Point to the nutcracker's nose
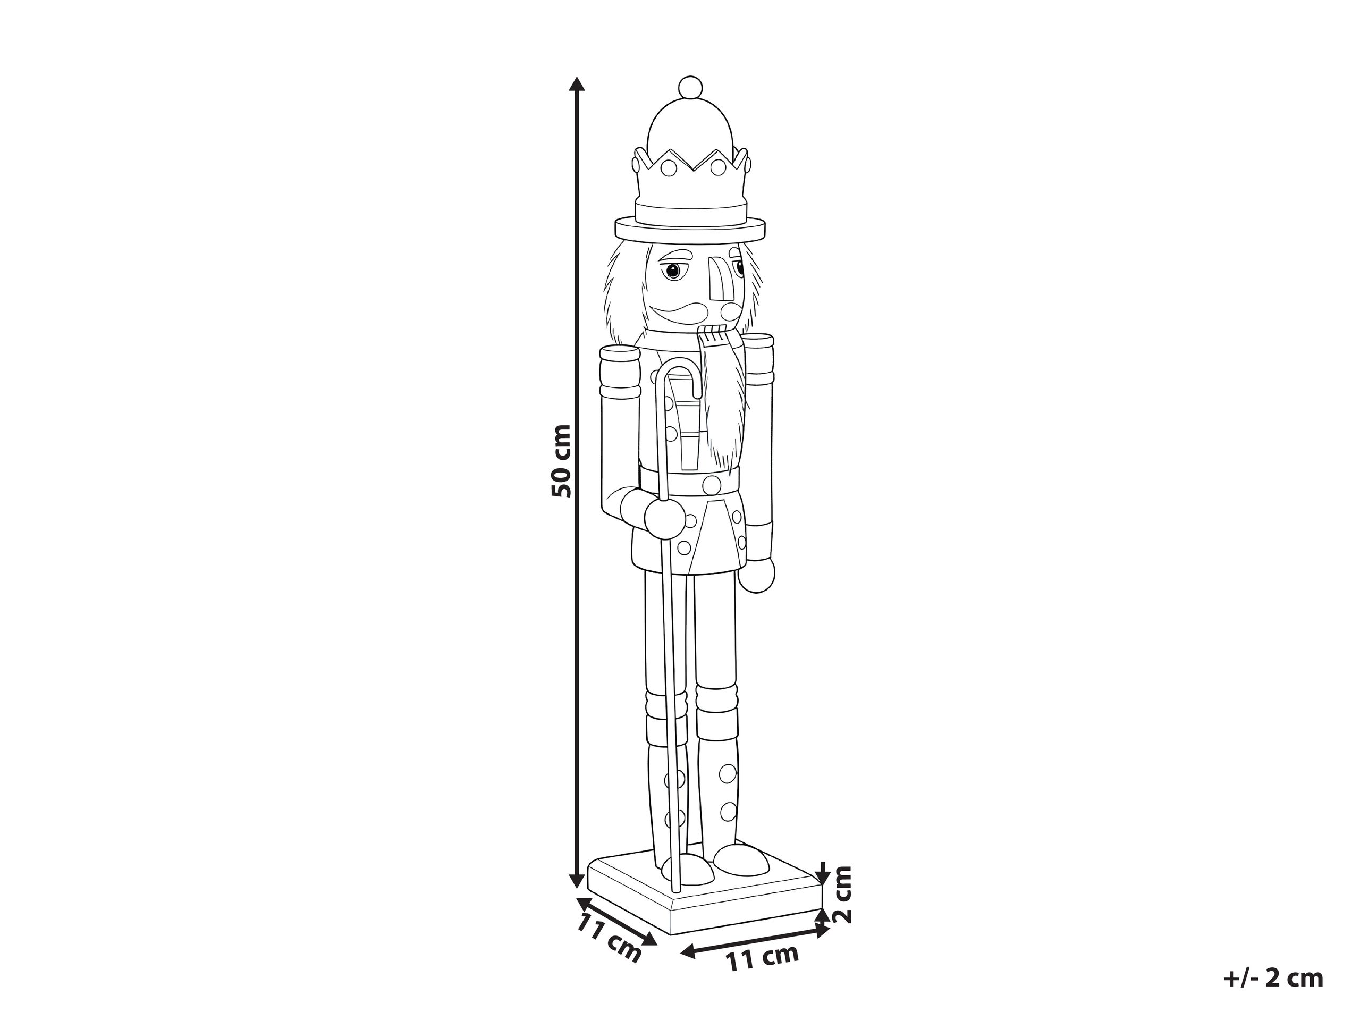coord(717,283)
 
